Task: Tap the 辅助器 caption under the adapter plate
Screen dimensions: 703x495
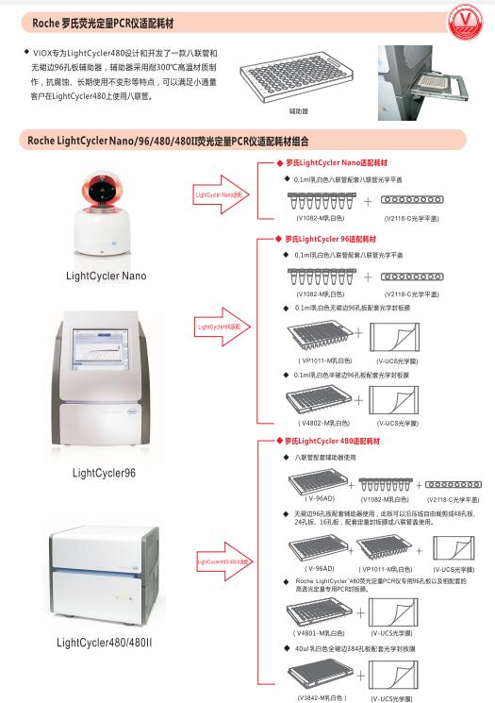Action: (x=299, y=110)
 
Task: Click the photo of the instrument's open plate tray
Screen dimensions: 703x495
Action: (x=435, y=82)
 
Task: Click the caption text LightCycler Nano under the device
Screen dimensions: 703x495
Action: (x=107, y=276)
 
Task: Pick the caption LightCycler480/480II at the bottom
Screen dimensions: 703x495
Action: (x=106, y=643)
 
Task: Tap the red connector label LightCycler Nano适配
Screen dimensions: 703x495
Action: (x=219, y=195)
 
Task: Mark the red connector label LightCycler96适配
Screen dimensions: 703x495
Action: (x=219, y=326)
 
